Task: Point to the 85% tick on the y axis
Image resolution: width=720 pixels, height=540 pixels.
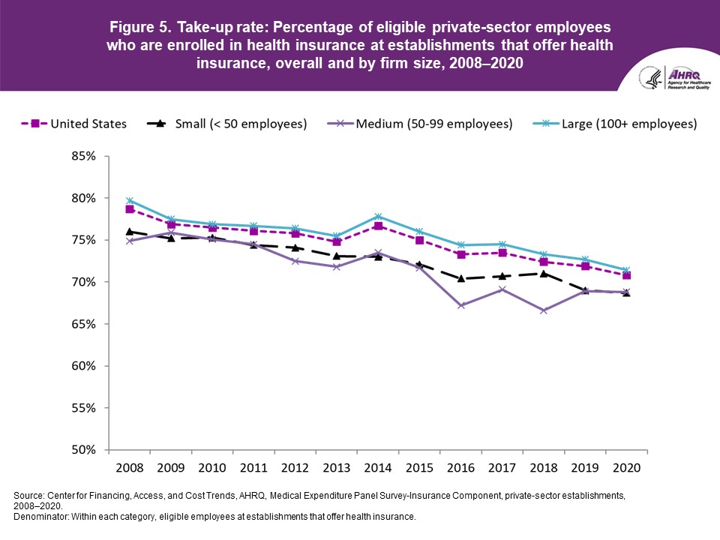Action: click(x=84, y=156)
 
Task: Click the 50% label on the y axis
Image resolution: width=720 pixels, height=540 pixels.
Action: click(x=84, y=450)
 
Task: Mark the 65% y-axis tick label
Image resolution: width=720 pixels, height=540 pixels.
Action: click(x=84, y=324)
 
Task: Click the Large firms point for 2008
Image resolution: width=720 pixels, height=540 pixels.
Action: click(x=130, y=201)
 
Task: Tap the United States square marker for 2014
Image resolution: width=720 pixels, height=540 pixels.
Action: click(x=377, y=226)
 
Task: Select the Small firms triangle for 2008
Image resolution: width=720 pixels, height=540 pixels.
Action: click(x=130, y=232)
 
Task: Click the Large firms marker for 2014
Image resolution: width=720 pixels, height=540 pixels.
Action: click(x=377, y=217)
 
